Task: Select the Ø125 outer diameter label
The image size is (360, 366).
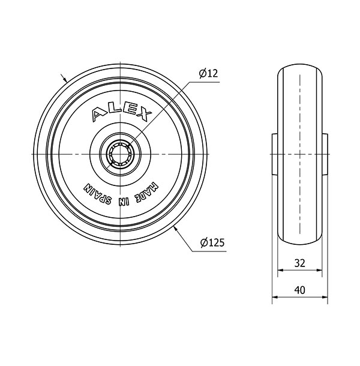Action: pyautogui.click(x=212, y=243)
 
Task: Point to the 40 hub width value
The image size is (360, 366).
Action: pyautogui.click(x=300, y=289)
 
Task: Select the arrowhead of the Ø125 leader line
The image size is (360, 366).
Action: pyautogui.click(x=175, y=229)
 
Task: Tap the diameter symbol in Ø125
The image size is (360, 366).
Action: pyautogui.click(x=203, y=243)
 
